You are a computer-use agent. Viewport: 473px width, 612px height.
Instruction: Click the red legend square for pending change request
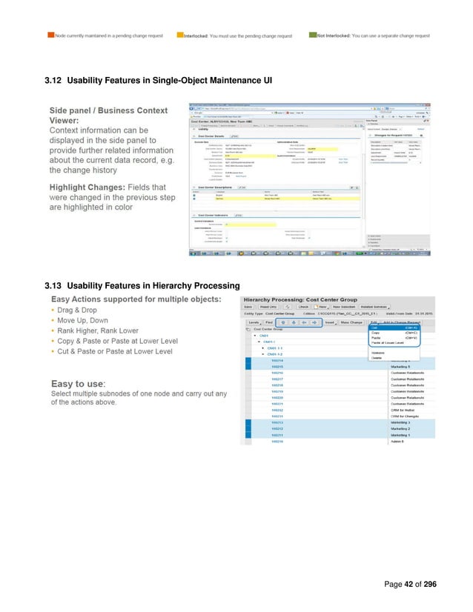coord(50,35)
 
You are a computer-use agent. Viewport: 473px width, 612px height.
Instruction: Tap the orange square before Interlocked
coord(179,35)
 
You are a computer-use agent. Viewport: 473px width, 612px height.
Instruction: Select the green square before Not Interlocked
coord(312,35)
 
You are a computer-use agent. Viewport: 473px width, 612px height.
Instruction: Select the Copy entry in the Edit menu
coord(376,333)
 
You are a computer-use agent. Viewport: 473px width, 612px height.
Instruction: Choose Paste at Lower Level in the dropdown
coord(387,343)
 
